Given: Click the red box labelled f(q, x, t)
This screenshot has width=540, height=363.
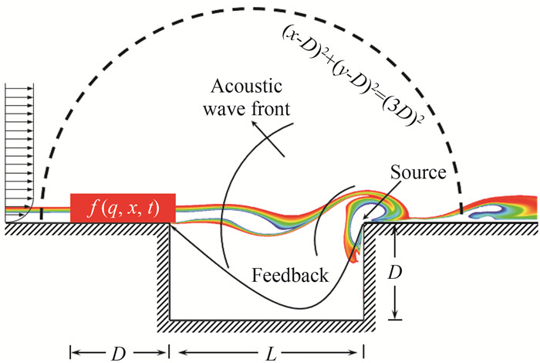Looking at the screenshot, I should (123, 208).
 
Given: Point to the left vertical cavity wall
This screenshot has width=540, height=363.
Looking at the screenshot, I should (164, 270).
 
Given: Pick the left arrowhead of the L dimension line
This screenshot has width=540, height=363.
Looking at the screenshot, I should (175, 352).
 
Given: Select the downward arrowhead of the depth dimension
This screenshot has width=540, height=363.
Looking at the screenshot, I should (395, 314).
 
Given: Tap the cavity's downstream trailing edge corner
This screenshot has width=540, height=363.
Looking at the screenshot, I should (366, 226).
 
